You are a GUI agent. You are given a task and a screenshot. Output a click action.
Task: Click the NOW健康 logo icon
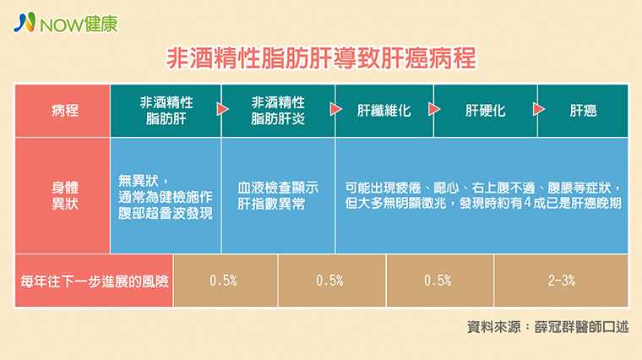[x=25, y=22]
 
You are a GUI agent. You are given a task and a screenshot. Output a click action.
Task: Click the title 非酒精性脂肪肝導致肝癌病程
[x=321, y=58]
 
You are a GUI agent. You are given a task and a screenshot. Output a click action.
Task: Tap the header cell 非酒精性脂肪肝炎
[x=278, y=111]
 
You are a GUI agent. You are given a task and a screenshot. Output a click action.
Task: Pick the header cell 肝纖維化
[x=384, y=111]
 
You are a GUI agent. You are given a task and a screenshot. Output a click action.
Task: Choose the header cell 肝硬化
[x=485, y=111]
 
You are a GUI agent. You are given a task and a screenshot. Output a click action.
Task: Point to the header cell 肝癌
[x=583, y=111]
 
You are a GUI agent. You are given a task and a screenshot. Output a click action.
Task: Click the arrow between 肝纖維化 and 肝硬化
[x=434, y=109]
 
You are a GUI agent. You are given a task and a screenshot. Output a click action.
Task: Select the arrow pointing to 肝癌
[x=539, y=109]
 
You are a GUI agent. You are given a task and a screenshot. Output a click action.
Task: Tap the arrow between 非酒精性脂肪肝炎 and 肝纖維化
[x=335, y=109]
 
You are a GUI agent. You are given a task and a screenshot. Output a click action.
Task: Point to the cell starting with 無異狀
[x=166, y=196]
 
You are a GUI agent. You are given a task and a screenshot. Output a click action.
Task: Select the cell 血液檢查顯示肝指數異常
[x=278, y=196]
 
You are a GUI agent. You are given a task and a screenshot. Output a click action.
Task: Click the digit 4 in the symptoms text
[x=526, y=203]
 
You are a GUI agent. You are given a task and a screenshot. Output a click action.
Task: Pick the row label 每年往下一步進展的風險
[x=94, y=281]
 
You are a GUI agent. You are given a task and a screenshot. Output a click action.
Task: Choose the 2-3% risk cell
[x=562, y=281]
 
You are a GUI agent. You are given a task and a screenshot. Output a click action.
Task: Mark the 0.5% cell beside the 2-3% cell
[x=439, y=281]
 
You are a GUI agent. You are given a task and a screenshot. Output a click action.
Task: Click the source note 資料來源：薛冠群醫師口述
[x=547, y=327]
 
